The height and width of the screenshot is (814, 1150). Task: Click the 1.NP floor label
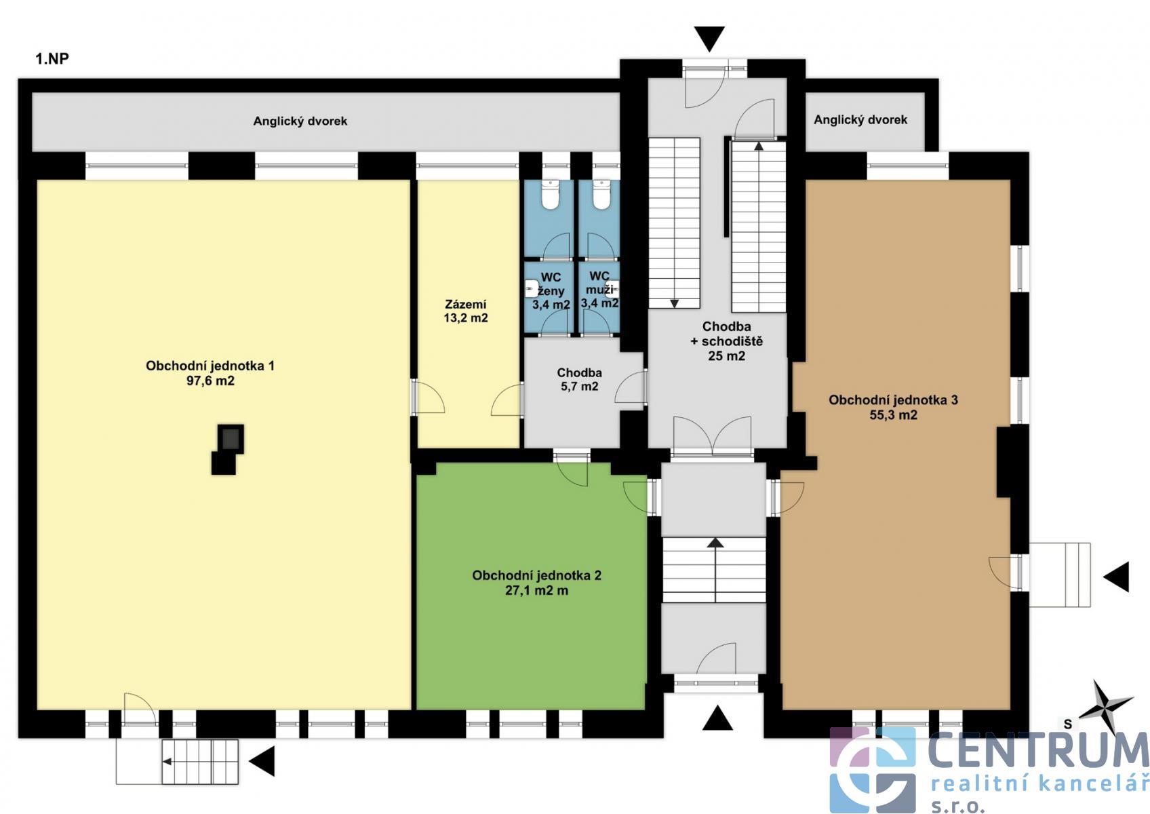(x=52, y=59)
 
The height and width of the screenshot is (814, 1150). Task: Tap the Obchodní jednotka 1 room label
(x=210, y=373)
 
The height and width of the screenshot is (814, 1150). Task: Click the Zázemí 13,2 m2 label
(x=466, y=311)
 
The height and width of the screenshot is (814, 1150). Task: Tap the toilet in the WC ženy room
(x=551, y=195)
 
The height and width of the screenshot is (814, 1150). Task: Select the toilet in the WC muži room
(x=601, y=195)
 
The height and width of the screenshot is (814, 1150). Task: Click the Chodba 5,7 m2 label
(x=580, y=379)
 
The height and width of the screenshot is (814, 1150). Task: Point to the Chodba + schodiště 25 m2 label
(x=726, y=341)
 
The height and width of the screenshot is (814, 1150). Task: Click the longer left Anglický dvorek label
(x=300, y=121)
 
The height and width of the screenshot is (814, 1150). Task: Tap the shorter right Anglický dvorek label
(x=860, y=119)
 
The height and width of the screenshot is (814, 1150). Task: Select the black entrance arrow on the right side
(x=1116, y=576)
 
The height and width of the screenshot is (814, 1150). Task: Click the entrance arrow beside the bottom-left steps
(x=262, y=761)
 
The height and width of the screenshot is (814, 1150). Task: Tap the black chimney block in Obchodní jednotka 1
(x=228, y=449)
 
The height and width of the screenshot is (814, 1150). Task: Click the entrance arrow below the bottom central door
(x=717, y=718)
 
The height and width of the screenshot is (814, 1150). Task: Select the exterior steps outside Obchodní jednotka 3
(x=1060, y=575)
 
